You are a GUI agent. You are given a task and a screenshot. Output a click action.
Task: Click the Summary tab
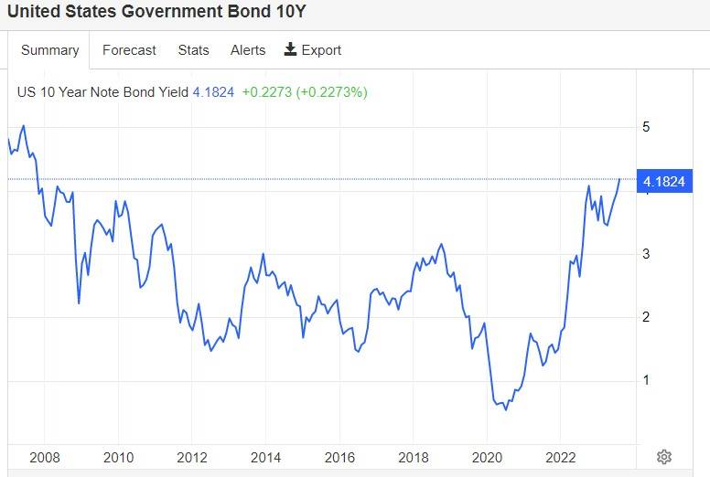click(49, 50)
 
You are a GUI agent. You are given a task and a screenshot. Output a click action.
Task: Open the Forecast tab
click(129, 50)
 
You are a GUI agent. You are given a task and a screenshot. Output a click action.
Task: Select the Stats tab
click(193, 50)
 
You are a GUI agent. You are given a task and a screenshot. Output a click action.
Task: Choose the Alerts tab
click(248, 50)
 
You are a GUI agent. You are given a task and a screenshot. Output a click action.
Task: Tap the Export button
click(313, 50)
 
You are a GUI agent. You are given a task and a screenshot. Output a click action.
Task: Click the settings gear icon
click(664, 457)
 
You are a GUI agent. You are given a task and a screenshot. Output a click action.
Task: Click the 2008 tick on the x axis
click(45, 457)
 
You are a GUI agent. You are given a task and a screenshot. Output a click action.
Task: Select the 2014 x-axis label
click(265, 457)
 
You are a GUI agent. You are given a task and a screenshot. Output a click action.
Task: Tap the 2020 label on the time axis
click(487, 457)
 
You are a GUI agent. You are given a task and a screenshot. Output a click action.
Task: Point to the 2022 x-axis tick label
click(560, 457)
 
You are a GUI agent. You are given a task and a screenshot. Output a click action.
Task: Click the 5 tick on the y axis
click(646, 127)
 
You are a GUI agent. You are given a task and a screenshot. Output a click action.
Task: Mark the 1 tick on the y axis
click(646, 380)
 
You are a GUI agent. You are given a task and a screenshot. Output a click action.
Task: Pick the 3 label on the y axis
click(646, 253)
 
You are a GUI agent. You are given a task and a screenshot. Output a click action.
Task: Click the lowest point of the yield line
click(506, 409)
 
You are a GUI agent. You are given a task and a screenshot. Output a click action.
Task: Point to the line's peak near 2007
click(23, 125)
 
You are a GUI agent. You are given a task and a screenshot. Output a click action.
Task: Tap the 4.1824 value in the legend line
click(213, 91)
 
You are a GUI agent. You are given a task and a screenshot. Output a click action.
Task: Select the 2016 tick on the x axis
click(339, 457)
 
